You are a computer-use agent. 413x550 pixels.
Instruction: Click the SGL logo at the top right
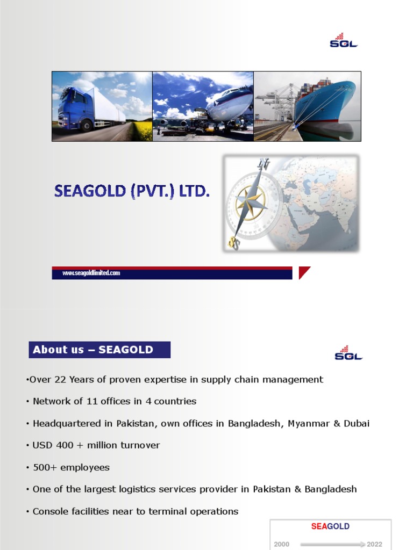click(x=344, y=41)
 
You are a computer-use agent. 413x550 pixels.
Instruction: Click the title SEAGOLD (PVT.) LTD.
click(x=131, y=191)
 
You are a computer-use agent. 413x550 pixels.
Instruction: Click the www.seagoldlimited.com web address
click(x=91, y=273)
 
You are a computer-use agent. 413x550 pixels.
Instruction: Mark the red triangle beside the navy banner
click(x=304, y=272)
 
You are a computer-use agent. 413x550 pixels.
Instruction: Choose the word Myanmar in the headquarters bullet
click(x=309, y=423)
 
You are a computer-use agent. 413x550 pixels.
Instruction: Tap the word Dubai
click(x=357, y=423)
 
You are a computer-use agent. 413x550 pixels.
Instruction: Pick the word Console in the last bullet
click(x=50, y=511)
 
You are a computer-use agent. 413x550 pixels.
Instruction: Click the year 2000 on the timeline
click(x=282, y=544)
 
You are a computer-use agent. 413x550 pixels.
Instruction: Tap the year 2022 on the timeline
click(x=375, y=544)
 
